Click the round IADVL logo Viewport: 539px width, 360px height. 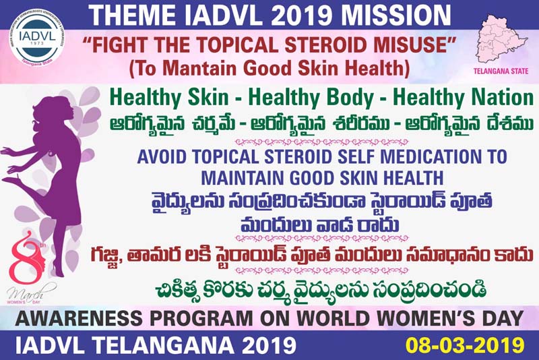(x=37, y=38)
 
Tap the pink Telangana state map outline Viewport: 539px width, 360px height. (x=501, y=39)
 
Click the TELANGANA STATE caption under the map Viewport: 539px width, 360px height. (x=501, y=71)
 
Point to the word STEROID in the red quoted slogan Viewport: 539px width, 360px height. (x=325, y=44)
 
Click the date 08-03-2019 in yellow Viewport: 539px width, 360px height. (x=465, y=345)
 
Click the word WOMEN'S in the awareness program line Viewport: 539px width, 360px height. (x=428, y=318)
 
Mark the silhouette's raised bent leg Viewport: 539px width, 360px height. (x=24, y=188)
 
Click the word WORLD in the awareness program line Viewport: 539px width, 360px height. (x=333, y=318)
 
